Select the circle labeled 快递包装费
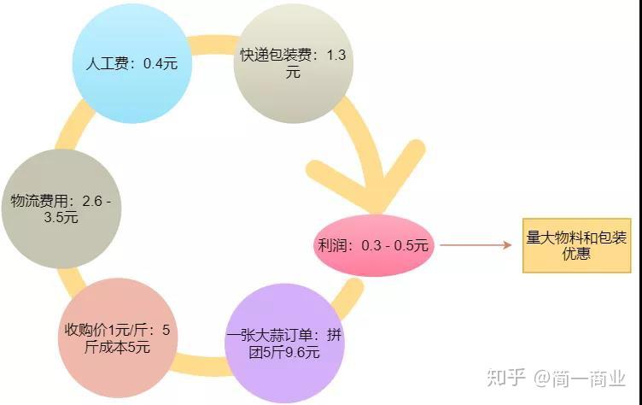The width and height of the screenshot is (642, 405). [x=293, y=64]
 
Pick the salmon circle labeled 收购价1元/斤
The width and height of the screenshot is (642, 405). [x=118, y=337]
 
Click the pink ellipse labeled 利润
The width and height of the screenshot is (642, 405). [x=374, y=245]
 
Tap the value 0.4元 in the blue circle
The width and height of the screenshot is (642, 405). [x=158, y=64]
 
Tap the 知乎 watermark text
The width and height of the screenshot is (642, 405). [x=505, y=377]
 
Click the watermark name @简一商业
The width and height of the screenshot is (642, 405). [x=581, y=377]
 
